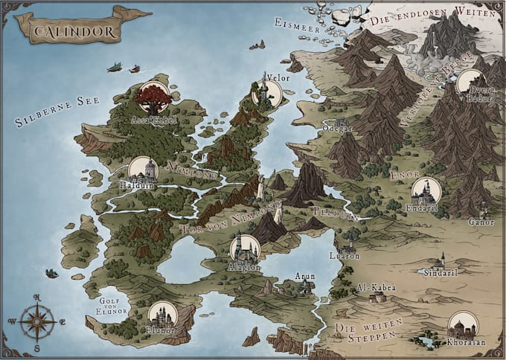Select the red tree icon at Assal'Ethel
coord(154,97)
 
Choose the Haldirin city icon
coord(143,170)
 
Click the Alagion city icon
coord(245,248)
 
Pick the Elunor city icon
coord(161,314)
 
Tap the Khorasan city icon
coord(463,325)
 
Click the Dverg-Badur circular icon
coord(470,81)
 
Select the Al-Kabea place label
coord(377,287)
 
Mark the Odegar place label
coord(338,128)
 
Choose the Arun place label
coord(305,276)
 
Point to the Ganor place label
coord(481,222)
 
